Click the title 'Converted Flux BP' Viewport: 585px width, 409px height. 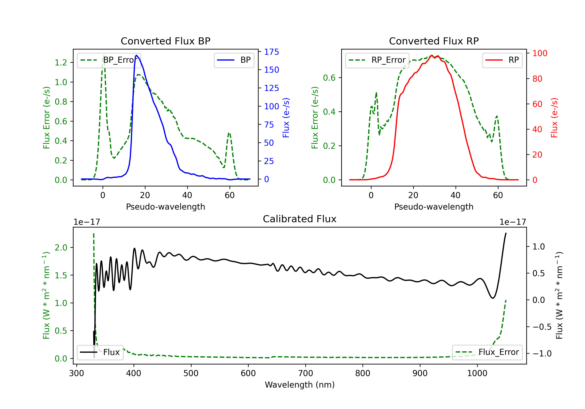tap(165, 41)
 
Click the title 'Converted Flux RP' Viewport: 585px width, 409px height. tap(434, 41)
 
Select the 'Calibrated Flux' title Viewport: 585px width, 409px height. tap(300, 219)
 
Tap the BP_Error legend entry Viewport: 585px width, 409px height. tap(109, 60)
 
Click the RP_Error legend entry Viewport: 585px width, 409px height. tap(377, 60)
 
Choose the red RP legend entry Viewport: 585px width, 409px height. tap(502, 60)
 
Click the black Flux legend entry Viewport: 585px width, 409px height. tap(100, 352)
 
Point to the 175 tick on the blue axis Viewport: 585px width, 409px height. tap(271, 52)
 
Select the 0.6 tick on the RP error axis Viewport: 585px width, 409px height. tap(329, 78)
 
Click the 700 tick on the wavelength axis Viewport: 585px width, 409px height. tap(306, 373)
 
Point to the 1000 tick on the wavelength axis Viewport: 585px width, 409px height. tap(477, 373)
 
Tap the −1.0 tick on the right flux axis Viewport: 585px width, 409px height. tap(542, 353)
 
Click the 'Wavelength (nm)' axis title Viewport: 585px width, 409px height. tap(300, 385)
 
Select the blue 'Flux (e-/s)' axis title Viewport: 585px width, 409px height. tap(286, 118)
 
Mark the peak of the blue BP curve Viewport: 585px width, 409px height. tap(136, 55)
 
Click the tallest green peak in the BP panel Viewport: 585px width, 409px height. tap(103, 55)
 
